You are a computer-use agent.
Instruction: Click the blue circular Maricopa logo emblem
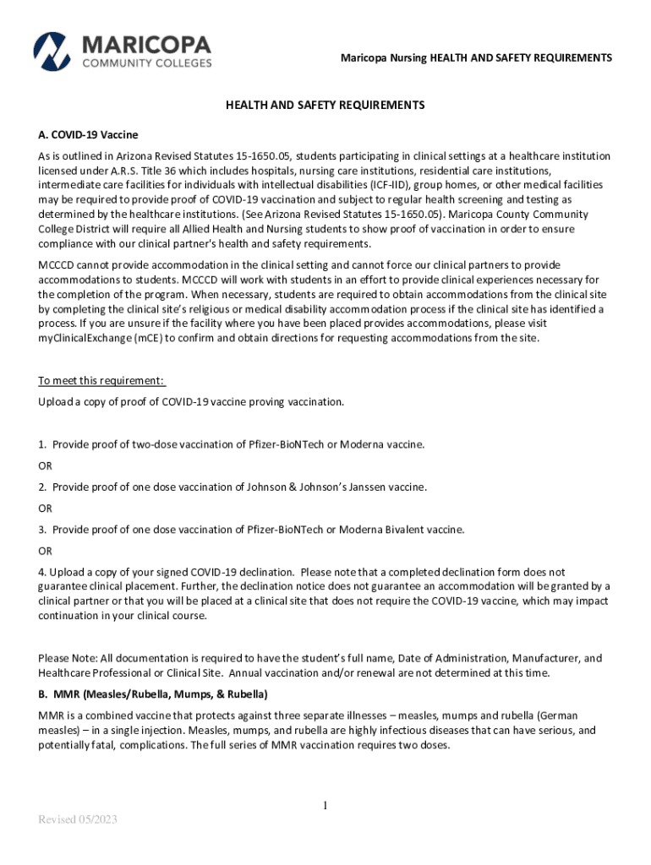(52, 52)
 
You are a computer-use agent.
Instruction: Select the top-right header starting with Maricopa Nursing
(476, 57)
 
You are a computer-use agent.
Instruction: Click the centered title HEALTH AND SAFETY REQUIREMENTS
(325, 106)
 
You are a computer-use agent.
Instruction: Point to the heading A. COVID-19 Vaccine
(88, 135)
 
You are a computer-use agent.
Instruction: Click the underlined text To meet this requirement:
(101, 380)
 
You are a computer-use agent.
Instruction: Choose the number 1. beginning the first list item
(42, 444)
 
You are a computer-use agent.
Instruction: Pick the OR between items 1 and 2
(45, 465)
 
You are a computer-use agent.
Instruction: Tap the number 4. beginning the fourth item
(42, 572)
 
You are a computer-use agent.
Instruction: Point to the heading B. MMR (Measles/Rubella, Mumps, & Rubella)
(153, 694)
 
